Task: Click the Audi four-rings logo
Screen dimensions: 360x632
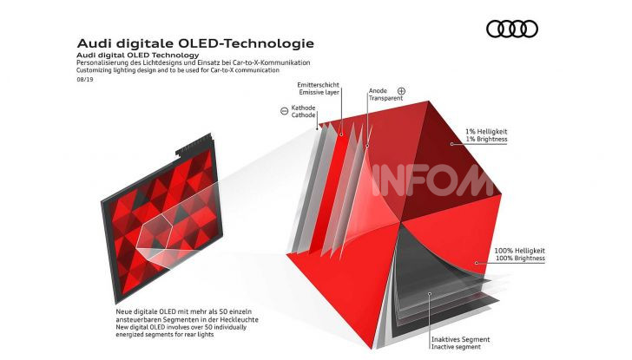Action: [511, 29]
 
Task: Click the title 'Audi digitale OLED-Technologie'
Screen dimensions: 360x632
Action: [195, 43]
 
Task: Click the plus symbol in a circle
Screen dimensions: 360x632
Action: [401, 90]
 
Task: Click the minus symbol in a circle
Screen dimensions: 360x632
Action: [284, 110]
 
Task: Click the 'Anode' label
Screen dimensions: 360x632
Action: [378, 90]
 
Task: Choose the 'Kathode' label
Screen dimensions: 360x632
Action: [304, 108]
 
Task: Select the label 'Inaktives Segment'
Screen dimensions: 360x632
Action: [460, 339]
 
